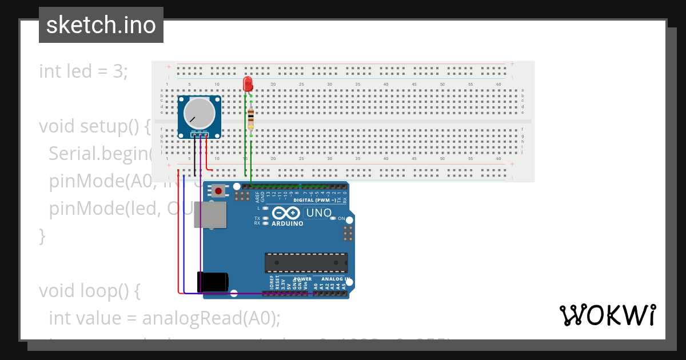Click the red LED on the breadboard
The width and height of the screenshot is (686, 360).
(x=248, y=85)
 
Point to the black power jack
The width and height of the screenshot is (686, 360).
(x=213, y=282)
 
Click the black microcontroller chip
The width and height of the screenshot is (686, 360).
(x=306, y=262)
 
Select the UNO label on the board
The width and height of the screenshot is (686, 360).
(x=319, y=213)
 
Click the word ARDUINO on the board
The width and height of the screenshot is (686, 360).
(x=288, y=223)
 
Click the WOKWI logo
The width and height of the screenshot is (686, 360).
(x=607, y=315)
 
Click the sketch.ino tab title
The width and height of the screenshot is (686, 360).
(x=101, y=25)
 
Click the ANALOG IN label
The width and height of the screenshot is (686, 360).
(x=332, y=279)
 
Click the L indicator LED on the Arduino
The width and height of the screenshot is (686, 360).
(x=265, y=208)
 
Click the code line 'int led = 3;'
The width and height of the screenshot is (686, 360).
(x=83, y=71)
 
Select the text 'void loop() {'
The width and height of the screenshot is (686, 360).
(x=89, y=291)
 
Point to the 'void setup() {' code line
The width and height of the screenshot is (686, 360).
(x=94, y=126)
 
